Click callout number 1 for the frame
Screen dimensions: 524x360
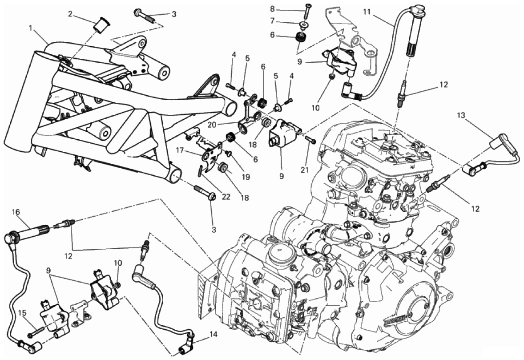pyautogui.click(x=30, y=28)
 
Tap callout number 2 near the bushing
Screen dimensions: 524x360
pyautogui.click(x=70, y=14)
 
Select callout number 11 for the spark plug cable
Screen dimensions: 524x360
pyautogui.click(x=367, y=12)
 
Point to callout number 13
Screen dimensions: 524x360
pyautogui.click(x=461, y=115)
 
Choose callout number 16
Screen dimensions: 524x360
pyautogui.click(x=16, y=211)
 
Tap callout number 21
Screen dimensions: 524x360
pyautogui.click(x=304, y=170)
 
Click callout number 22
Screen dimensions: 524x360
pyautogui.click(x=226, y=197)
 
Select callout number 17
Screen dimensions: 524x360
pyautogui.click(x=179, y=151)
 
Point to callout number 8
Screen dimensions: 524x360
pyautogui.click(x=272, y=9)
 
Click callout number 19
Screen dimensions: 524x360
pyautogui.click(x=246, y=177)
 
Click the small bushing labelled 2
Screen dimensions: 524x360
pyautogui.click(x=99, y=26)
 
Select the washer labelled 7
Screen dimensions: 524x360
pyautogui.click(x=304, y=24)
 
